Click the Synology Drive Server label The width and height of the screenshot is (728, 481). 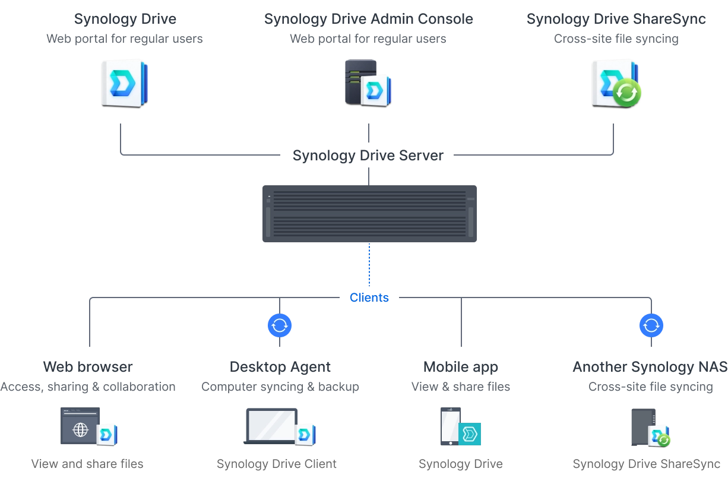[x=368, y=156]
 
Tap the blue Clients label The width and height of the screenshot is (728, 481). [x=369, y=298]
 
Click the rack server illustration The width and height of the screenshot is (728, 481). [x=369, y=214]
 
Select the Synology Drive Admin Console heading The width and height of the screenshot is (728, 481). [x=369, y=19]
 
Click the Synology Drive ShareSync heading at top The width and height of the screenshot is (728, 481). [x=616, y=19]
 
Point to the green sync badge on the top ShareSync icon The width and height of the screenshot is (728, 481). [x=627, y=93]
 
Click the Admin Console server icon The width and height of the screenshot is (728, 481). [x=368, y=83]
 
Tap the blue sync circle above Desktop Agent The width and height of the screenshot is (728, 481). [x=280, y=325]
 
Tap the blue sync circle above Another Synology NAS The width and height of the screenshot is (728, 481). [x=651, y=325]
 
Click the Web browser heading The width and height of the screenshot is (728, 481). [x=88, y=367]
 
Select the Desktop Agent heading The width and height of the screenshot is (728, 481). [x=280, y=368]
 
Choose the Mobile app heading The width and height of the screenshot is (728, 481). [x=461, y=368]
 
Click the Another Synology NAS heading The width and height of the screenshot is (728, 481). [x=650, y=368]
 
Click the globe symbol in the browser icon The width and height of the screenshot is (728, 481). [x=81, y=430]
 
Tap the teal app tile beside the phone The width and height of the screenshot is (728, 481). [x=470, y=434]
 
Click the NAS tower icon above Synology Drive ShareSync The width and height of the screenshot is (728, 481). [x=644, y=427]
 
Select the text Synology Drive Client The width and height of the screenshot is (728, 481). [x=277, y=464]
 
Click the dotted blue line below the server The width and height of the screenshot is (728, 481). [x=369, y=265]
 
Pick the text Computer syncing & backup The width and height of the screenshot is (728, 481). [x=280, y=387]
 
